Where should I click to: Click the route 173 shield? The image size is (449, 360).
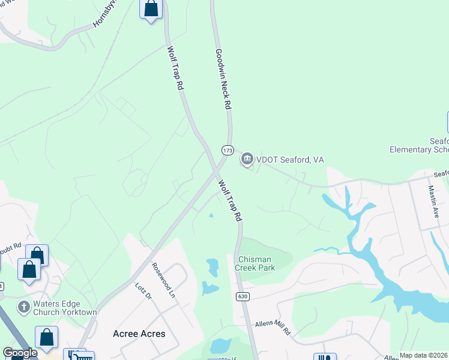coord(227,149)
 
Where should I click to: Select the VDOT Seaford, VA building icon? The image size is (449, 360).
coord(247,160)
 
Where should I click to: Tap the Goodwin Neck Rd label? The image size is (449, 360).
coord(223,79)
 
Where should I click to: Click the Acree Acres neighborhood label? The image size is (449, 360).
coord(139,334)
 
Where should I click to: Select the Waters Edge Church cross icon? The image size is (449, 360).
coord(24,307)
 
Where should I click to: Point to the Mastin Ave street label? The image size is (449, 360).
coord(436,203)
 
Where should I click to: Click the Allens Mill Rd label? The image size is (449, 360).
coord(273,327)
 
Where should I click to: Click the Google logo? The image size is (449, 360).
coord(20,353)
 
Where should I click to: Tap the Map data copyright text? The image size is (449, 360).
coord(424,355)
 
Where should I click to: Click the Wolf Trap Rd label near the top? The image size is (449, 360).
coord(175,68)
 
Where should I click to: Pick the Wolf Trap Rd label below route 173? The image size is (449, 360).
coord(229,200)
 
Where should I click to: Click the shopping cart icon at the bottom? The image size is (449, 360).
coord(79,356)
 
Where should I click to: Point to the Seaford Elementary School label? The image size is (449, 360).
coord(420,145)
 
